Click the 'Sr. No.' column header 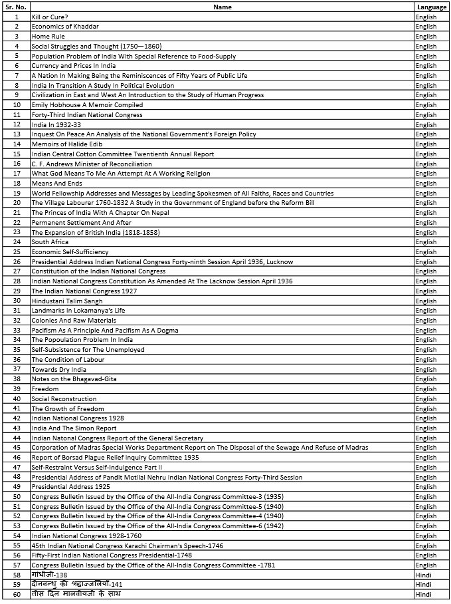[x=16, y=7]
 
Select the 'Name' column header [x=223, y=7]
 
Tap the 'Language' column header [x=432, y=7]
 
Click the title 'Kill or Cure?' [x=50, y=17]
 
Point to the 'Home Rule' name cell [x=48, y=36]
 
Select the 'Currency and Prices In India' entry [x=74, y=66]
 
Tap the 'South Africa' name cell [x=50, y=242]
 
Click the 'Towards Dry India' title [x=59, y=369]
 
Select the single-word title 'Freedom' [x=45, y=389]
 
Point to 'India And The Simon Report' [x=74, y=428]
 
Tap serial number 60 [x=16, y=594]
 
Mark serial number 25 [x=16, y=251]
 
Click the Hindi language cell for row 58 [x=424, y=575]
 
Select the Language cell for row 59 [x=424, y=585]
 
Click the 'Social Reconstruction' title [x=64, y=399]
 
